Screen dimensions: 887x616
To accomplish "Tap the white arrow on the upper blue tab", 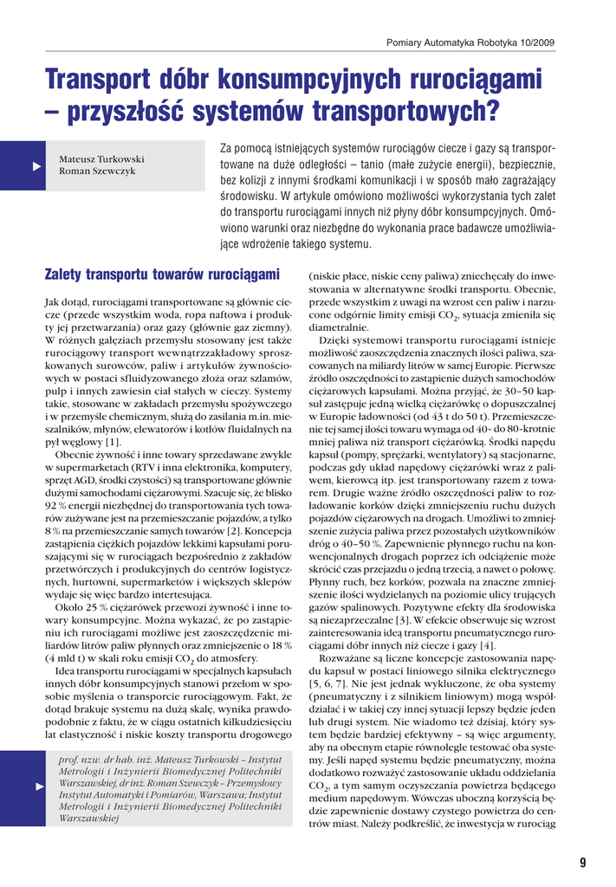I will tap(36, 165).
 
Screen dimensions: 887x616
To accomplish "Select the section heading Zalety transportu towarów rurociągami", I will tap(162, 275).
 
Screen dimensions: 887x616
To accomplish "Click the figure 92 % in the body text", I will tap(56, 504).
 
